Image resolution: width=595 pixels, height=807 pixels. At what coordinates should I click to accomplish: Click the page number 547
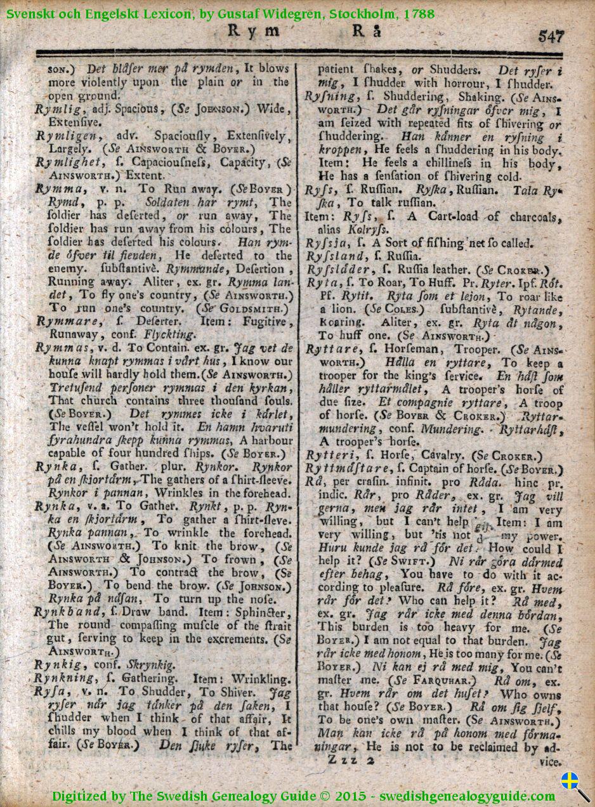(551, 36)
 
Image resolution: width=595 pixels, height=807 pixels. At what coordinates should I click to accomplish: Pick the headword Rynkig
(59, 665)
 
